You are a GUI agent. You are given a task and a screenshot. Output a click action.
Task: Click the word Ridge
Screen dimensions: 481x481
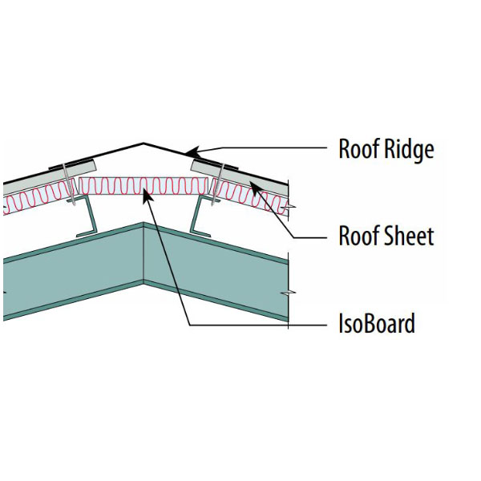pyautogui.click(x=409, y=150)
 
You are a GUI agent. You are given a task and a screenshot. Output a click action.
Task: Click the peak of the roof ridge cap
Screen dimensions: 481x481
pyautogui.click(x=144, y=144)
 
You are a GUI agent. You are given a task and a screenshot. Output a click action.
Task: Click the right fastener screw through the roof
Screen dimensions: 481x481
pyautogui.click(x=215, y=188)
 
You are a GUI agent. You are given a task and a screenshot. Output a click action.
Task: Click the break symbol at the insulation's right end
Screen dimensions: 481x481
pyautogui.click(x=293, y=207)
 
